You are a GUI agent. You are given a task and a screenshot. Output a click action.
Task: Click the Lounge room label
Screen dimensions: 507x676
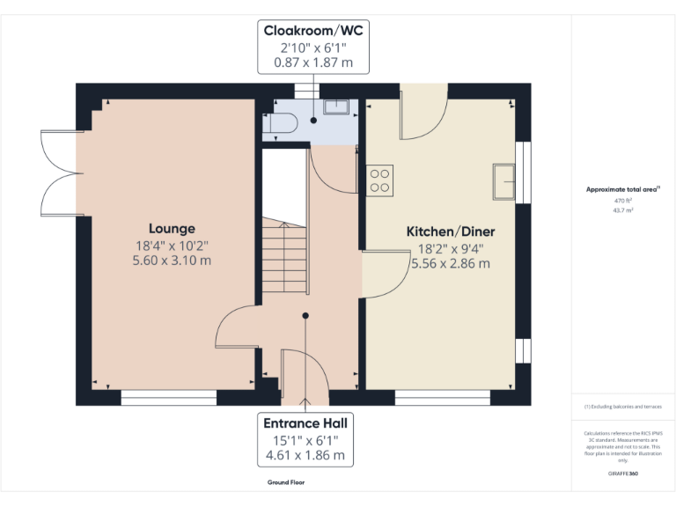tap(172, 229)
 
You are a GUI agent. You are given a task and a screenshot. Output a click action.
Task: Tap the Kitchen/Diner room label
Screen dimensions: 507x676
tap(450, 231)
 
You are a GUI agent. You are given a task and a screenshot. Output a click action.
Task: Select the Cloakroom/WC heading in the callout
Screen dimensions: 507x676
tap(313, 31)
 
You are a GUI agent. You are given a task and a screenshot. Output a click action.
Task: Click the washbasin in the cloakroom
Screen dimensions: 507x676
tap(336, 107)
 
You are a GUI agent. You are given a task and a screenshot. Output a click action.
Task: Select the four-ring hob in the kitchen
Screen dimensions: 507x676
tap(380, 180)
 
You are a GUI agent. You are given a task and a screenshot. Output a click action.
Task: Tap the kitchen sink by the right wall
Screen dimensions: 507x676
tap(505, 180)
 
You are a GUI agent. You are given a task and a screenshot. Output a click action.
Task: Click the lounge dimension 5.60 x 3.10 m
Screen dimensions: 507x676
tap(172, 261)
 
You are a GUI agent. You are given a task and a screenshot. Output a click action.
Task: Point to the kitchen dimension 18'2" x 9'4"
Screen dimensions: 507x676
tap(450, 248)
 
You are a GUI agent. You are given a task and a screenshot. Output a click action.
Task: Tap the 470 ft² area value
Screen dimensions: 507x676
tap(623, 201)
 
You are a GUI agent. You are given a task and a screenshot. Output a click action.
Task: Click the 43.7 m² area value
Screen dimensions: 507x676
tap(623, 210)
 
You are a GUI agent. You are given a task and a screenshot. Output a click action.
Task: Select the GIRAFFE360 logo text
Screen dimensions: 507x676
tap(623, 474)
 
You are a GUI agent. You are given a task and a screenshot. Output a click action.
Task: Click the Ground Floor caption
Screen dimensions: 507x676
tap(286, 482)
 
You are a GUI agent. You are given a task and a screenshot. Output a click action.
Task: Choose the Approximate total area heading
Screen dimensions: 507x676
tap(622, 189)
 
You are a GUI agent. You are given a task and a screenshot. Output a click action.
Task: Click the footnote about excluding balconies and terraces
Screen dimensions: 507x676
tap(622, 407)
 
